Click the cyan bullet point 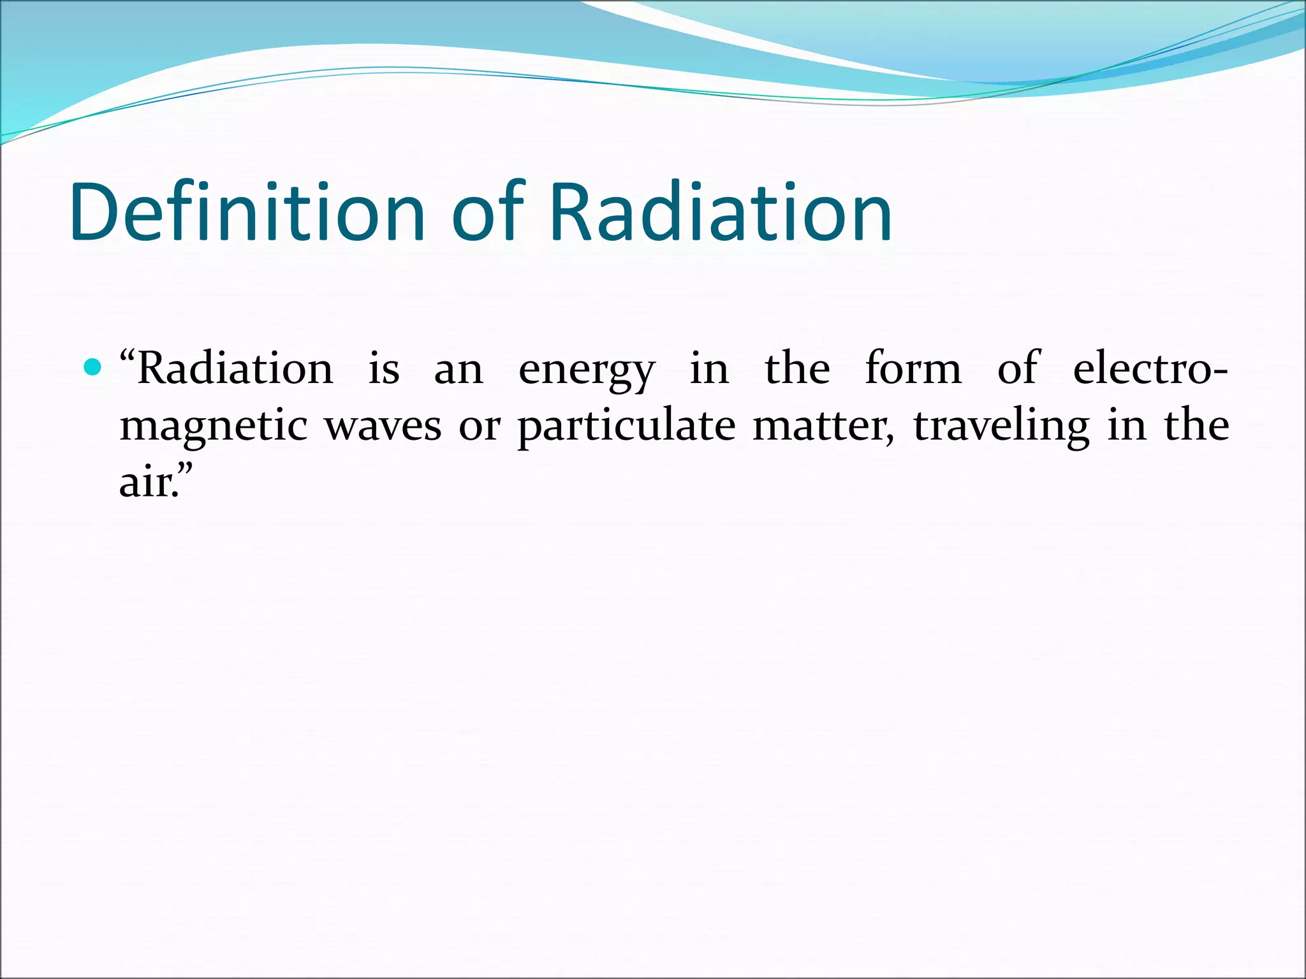pyautogui.click(x=93, y=368)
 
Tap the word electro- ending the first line pyautogui.click(x=1150, y=369)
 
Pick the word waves pyautogui.click(x=383, y=426)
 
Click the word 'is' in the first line pyautogui.click(x=384, y=369)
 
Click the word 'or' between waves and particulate pyautogui.click(x=480, y=428)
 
